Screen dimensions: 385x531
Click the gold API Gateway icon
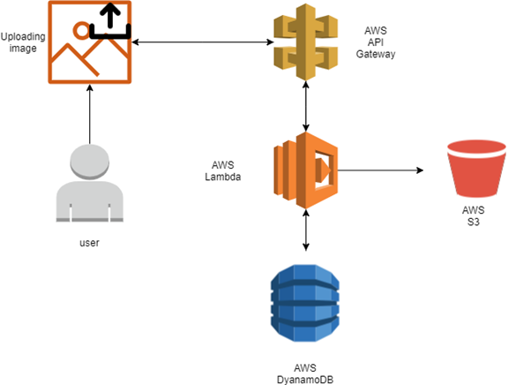point(304,42)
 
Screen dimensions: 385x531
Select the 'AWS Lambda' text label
point(225,170)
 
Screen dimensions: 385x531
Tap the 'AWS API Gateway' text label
point(375,42)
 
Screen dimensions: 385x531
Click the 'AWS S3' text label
point(474,216)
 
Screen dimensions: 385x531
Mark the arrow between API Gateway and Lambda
point(305,105)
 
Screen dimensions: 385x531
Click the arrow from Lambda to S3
point(379,170)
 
